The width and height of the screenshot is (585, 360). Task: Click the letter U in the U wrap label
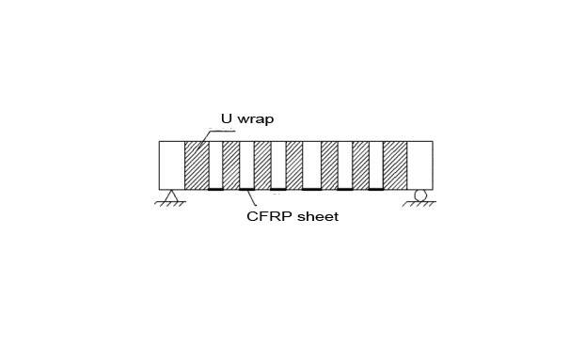point(227,119)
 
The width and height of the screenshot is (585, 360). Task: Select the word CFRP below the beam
point(265,217)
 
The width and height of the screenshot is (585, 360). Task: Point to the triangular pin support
point(172,196)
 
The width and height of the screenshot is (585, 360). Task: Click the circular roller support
point(419,195)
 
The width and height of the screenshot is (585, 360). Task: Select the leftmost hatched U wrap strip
point(196,165)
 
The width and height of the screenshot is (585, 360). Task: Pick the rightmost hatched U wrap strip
point(394,165)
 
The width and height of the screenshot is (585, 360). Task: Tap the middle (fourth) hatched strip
point(293,165)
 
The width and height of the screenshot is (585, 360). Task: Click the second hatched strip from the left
point(230,165)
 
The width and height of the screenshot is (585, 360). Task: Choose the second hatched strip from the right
point(360,165)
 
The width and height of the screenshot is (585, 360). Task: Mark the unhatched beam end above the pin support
point(171,165)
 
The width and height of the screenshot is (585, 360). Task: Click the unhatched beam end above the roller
point(419,165)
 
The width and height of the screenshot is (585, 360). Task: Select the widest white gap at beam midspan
point(311,165)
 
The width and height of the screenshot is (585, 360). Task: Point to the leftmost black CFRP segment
point(215,190)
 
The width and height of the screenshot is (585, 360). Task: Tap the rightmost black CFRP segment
point(375,190)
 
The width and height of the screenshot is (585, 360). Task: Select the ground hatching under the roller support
point(419,204)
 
